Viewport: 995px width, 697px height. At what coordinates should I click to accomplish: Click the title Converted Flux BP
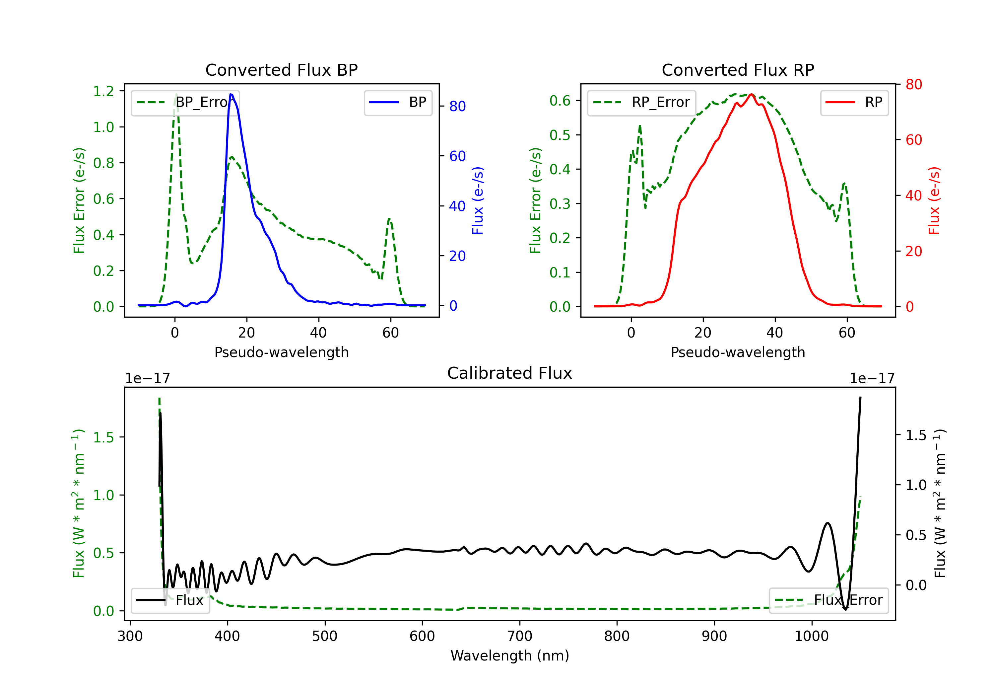tap(281, 70)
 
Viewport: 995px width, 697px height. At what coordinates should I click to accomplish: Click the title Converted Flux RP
tap(738, 70)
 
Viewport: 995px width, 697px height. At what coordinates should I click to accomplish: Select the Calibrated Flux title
tap(510, 373)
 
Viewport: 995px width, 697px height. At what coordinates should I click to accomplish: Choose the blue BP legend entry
tap(398, 102)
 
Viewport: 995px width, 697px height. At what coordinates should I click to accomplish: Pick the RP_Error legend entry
tap(641, 102)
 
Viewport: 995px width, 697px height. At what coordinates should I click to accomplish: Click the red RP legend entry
tap(854, 102)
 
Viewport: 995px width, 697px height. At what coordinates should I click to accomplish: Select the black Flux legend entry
tap(170, 600)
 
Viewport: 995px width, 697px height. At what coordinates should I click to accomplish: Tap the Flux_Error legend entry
tap(829, 600)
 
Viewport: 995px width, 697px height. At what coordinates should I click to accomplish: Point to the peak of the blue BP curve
tap(231, 94)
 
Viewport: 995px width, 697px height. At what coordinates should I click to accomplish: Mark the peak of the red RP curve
tap(751, 94)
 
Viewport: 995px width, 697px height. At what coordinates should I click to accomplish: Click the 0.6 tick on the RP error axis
tap(560, 101)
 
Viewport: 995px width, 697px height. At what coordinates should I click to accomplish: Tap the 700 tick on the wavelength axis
tap(520, 636)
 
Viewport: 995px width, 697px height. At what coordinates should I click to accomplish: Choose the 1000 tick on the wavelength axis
tap(812, 636)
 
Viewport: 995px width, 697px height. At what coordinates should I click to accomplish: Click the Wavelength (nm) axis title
tap(510, 656)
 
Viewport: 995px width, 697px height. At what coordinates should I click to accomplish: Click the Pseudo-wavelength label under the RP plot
tap(738, 352)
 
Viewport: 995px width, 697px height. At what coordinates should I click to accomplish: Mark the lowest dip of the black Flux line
tap(845, 609)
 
